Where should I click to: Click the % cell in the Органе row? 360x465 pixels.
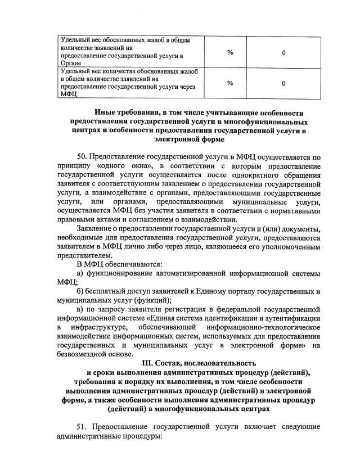[x=230, y=52]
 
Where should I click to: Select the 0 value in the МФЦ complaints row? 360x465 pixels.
[x=283, y=83]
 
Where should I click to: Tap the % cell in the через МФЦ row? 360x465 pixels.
[x=230, y=83]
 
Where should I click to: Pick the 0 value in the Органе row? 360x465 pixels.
[x=283, y=52]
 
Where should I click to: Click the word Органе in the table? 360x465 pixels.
[x=72, y=64]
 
